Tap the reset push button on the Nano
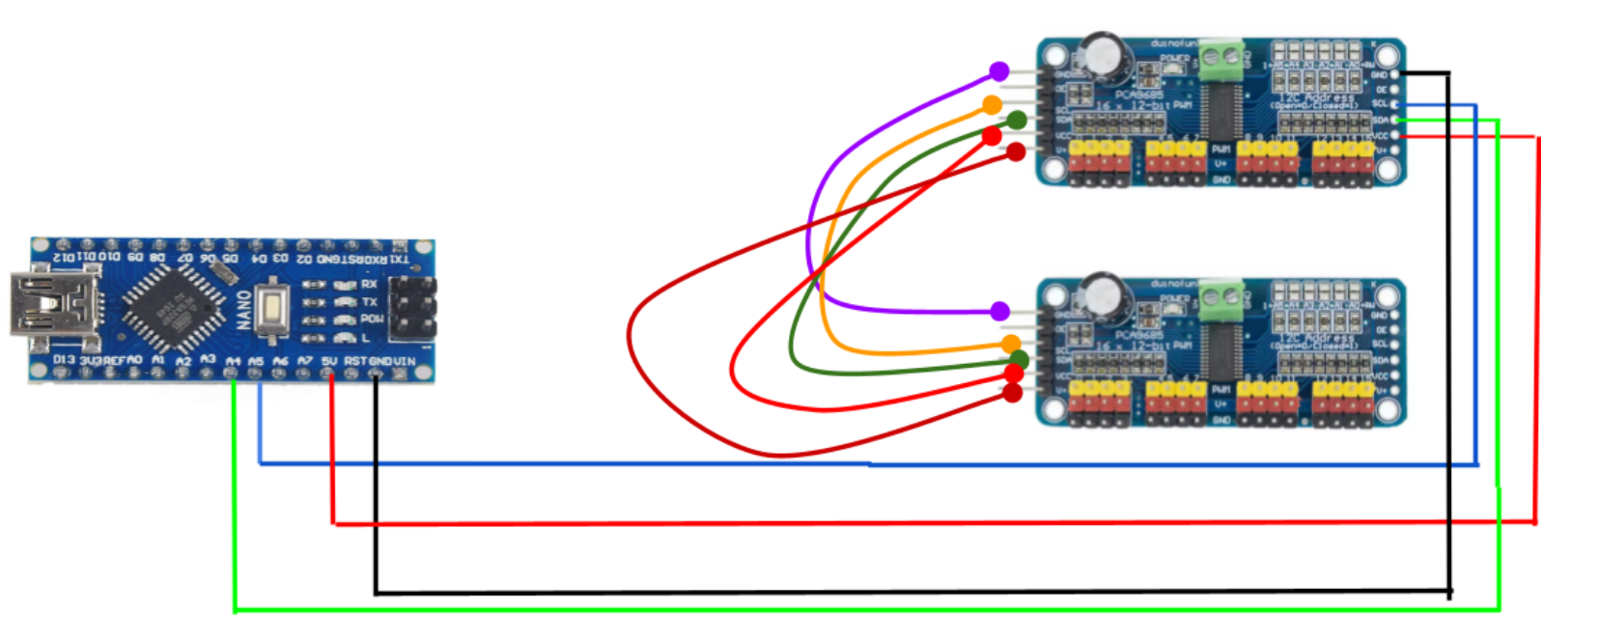click(x=273, y=308)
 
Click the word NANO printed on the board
click(x=244, y=309)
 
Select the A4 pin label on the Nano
click(x=233, y=361)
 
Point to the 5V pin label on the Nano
click(x=330, y=361)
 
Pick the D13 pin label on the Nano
click(x=64, y=360)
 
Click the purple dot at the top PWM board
click(x=999, y=71)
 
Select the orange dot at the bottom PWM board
click(x=1011, y=344)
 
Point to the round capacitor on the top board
click(x=1102, y=54)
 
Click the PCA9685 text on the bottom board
click(x=1139, y=336)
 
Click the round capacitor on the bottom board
click(x=1102, y=294)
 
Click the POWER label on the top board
click(x=1174, y=58)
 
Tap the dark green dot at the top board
click(x=1017, y=120)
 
